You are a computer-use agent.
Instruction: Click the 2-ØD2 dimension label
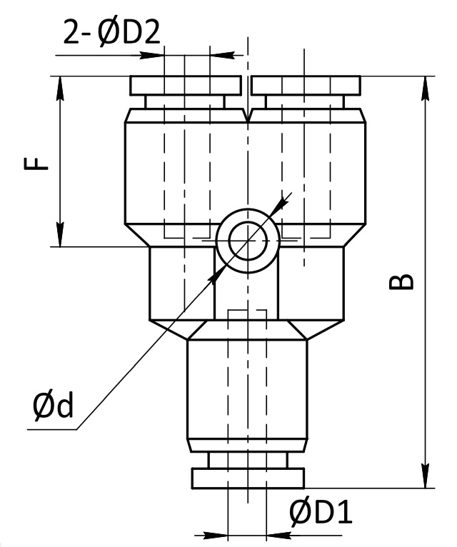pyautogui.click(x=111, y=32)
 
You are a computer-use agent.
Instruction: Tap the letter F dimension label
pyautogui.click(x=36, y=164)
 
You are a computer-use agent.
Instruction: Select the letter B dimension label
pyautogui.click(x=401, y=281)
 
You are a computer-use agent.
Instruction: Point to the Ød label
pyautogui.click(x=54, y=405)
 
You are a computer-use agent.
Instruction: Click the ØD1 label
pyautogui.click(x=321, y=513)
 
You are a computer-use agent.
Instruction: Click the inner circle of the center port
pyautogui.click(x=248, y=241)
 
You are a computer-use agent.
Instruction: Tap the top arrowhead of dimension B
pyautogui.click(x=426, y=89)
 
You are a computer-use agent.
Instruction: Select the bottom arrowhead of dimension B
pyautogui.click(x=426, y=476)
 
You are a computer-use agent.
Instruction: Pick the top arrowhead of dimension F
pyautogui.click(x=61, y=89)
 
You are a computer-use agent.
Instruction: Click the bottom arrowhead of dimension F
pyautogui.click(x=61, y=234)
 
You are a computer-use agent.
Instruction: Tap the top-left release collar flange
pyautogui.click(x=186, y=86)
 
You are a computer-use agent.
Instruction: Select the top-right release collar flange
pyautogui.click(x=306, y=86)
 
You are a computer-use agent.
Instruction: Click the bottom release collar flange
pyautogui.click(x=248, y=478)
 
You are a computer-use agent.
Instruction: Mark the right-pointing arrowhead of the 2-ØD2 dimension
pyautogui.click(x=152, y=55)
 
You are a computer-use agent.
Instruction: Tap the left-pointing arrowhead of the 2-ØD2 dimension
pyautogui.click(x=222, y=55)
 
